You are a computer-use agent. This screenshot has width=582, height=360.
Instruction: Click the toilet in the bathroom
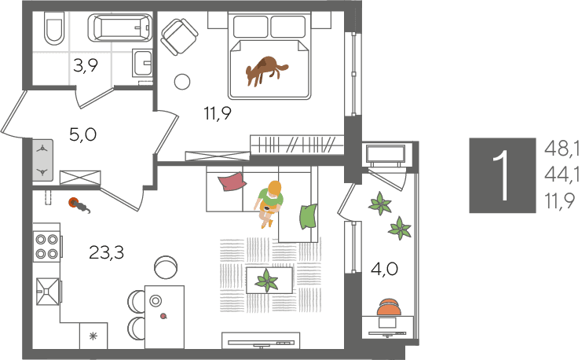pyautogui.click(x=54, y=28)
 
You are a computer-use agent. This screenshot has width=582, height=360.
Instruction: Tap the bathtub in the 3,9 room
pyautogui.click(x=120, y=28)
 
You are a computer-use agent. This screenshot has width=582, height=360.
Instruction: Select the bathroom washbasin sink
pyautogui.click(x=142, y=62)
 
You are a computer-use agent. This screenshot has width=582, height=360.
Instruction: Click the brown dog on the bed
pyautogui.click(x=265, y=71)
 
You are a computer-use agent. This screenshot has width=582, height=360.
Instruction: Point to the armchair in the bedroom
pyautogui.click(x=179, y=37)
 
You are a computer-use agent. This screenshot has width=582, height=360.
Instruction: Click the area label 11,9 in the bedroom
pyautogui.click(x=218, y=113)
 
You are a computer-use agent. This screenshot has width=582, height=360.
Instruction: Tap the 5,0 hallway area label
pyautogui.click(x=82, y=134)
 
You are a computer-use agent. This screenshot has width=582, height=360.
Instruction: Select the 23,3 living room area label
pyautogui.click(x=107, y=252)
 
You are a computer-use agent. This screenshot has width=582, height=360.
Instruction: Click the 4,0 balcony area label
pyautogui.click(x=385, y=269)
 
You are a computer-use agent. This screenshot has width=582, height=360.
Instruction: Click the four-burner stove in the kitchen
pyautogui.click(x=47, y=246)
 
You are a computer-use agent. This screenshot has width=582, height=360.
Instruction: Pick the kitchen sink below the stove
pyautogui.click(x=47, y=292)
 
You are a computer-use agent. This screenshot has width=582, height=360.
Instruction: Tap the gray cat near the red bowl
pyautogui.click(x=81, y=207)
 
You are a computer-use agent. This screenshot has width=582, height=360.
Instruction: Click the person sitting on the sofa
pyautogui.click(x=269, y=204)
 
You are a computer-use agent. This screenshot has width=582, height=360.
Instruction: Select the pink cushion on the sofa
pyautogui.click(x=232, y=182)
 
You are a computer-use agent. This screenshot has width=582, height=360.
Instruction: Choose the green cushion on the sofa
pyautogui.click(x=309, y=216)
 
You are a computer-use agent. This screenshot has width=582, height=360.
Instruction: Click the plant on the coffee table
pyautogui.click(x=266, y=281)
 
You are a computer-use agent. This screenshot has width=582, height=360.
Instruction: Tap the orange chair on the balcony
pyautogui.click(x=389, y=307)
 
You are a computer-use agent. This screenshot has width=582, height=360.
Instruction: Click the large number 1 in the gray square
pyautogui.click(x=503, y=176)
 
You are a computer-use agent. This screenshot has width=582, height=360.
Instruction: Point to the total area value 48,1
pyautogui.click(x=562, y=149)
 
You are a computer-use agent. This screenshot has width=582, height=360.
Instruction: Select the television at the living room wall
pyautogui.click(x=261, y=340)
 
